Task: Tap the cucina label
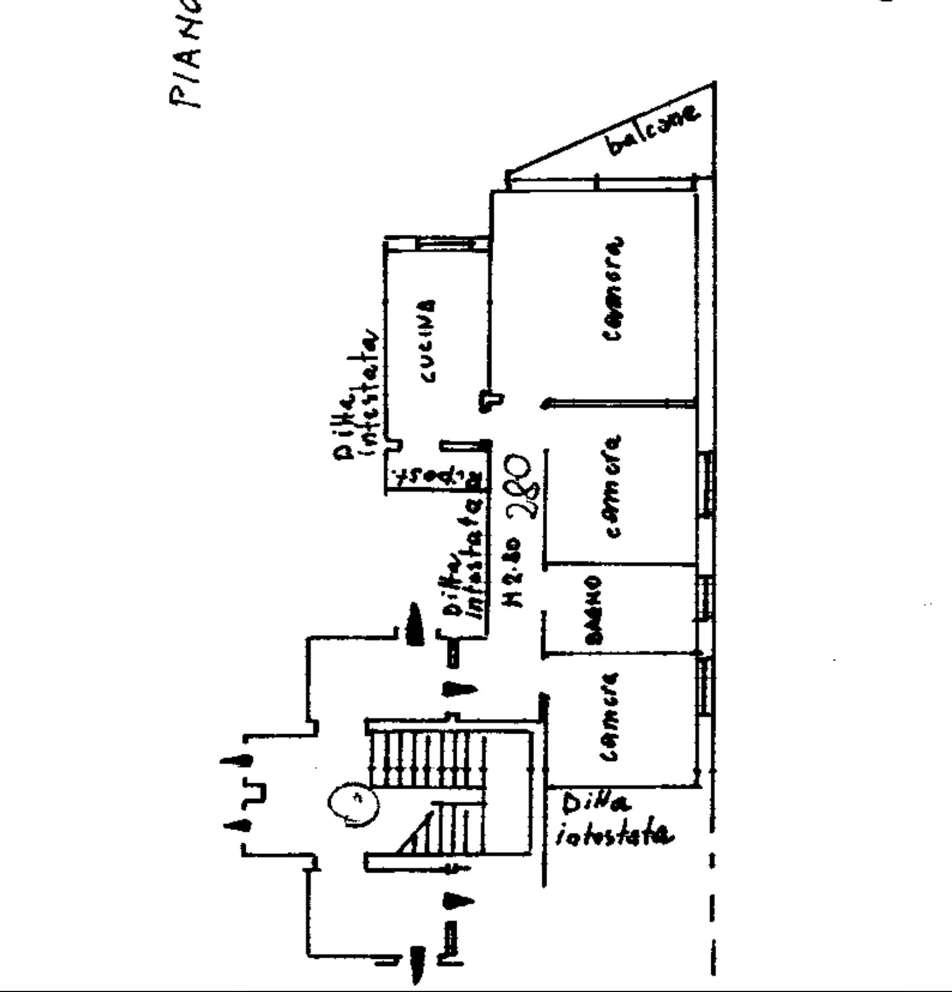point(427,341)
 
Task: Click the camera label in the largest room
point(612,289)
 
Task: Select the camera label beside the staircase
point(610,717)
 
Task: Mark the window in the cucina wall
point(445,244)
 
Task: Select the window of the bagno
point(705,598)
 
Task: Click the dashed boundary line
point(712,895)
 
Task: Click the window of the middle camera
point(705,483)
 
